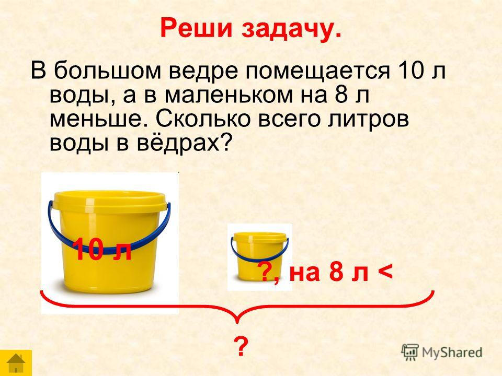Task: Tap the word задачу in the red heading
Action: tap(291, 30)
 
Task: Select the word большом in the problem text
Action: tap(107, 70)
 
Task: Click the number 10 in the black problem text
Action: tap(411, 70)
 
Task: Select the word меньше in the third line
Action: tap(100, 119)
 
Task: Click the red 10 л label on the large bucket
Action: tap(102, 250)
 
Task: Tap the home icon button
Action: tap(16, 363)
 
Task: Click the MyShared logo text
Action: tap(452, 353)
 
